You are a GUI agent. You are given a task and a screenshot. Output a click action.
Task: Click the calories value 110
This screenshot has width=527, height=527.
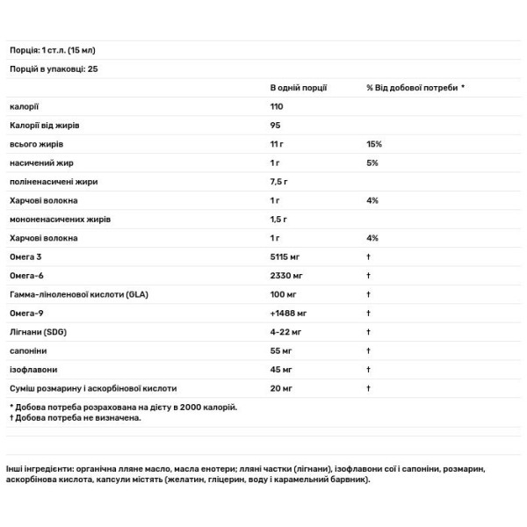pyautogui.click(x=277, y=106)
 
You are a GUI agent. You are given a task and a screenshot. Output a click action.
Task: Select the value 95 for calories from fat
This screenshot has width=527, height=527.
pyautogui.click(x=275, y=125)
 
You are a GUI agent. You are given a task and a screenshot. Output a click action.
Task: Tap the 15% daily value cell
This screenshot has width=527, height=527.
pyautogui.click(x=372, y=144)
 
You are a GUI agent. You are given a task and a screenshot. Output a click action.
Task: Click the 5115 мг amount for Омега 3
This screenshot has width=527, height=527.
pyautogui.click(x=286, y=256)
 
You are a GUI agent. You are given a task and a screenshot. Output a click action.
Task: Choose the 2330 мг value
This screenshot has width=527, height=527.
pyautogui.click(x=286, y=276)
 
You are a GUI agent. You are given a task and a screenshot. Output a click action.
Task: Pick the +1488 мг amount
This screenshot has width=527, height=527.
pyautogui.click(x=288, y=313)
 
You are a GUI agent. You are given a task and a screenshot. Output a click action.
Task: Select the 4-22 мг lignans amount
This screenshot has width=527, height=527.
pyautogui.click(x=285, y=332)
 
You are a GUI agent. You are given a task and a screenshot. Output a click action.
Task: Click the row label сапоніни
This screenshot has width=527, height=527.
pyautogui.click(x=27, y=350)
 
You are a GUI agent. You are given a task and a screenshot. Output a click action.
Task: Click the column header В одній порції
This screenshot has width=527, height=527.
pyautogui.click(x=299, y=88)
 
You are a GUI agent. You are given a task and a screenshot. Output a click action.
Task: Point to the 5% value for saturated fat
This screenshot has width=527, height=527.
pyautogui.click(x=372, y=162)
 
